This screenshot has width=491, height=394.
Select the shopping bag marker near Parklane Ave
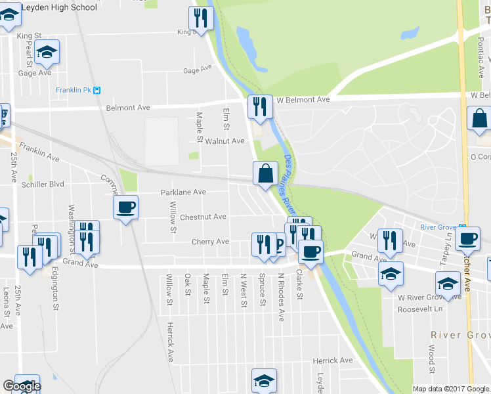click(265, 174)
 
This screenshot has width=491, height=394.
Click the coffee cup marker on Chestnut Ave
click(125, 208)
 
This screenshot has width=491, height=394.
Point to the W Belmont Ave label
click(303, 100)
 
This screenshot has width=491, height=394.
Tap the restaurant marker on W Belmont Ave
click(260, 107)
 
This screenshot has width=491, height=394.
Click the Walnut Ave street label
click(224, 141)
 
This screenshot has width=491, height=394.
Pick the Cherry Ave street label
click(210, 242)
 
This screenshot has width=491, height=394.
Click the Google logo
click(21, 386)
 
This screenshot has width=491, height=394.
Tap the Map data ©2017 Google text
click(450, 389)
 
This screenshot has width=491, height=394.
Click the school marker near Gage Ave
click(47, 52)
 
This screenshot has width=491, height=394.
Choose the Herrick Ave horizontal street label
click(333, 361)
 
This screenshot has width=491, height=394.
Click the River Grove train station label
click(442, 227)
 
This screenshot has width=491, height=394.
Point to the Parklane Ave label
click(184, 192)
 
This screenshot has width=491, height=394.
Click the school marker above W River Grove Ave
click(391, 273)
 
